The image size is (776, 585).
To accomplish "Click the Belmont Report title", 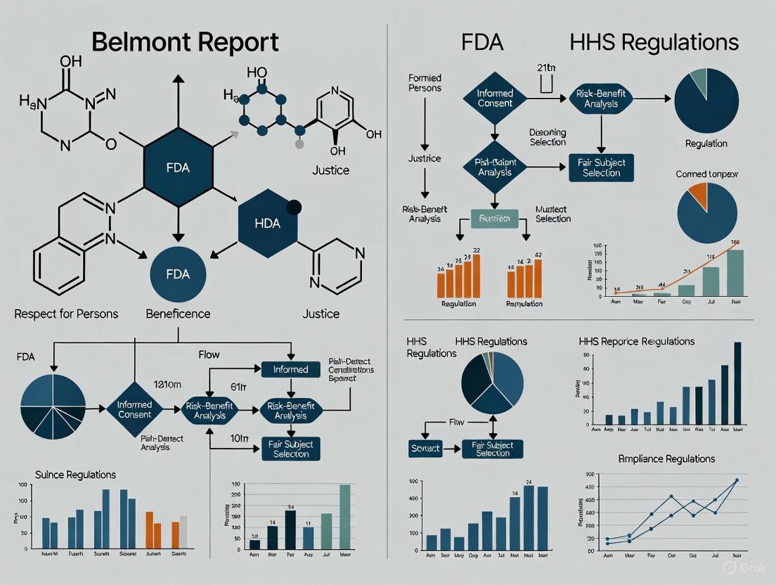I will click(x=186, y=42).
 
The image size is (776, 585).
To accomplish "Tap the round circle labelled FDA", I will click(x=178, y=274).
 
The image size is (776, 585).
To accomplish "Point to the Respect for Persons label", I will click(x=66, y=314).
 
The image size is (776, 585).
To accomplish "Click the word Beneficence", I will click(x=178, y=314).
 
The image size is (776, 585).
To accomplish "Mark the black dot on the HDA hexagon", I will click(x=294, y=207).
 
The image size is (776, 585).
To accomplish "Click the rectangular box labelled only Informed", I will click(x=290, y=369).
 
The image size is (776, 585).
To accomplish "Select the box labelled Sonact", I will click(x=425, y=448).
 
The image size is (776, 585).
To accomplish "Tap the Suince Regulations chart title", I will click(x=76, y=475).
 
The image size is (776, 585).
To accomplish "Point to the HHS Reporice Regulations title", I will click(x=636, y=341).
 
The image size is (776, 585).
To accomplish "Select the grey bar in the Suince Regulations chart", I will click(x=183, y=532).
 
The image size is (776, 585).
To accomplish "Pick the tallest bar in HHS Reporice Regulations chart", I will click(x=737, y=384).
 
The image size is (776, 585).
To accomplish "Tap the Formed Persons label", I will click(x=425, y=84).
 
